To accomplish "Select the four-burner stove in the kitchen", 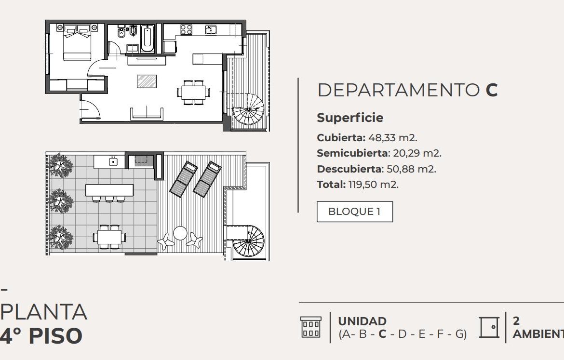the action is pos(187,29).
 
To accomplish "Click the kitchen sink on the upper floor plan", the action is pos(211,29).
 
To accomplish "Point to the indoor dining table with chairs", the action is pos(193,93).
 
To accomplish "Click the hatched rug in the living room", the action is pos(147,81).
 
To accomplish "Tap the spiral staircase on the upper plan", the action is pos(248,110).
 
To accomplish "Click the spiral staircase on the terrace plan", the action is pos(248,241).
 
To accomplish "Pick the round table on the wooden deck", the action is pos(180,233).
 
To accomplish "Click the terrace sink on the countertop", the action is pos(113,161).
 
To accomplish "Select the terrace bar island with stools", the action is pos(109,192).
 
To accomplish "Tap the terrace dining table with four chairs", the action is pos(109,237).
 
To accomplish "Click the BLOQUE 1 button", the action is pos(355,212).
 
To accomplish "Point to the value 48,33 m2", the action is pos(393,138).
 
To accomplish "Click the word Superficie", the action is pos(350,118).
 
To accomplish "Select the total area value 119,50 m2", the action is pos(374,185).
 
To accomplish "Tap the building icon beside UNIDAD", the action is pos(311,327).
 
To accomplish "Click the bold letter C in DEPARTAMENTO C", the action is pos(491,90).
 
